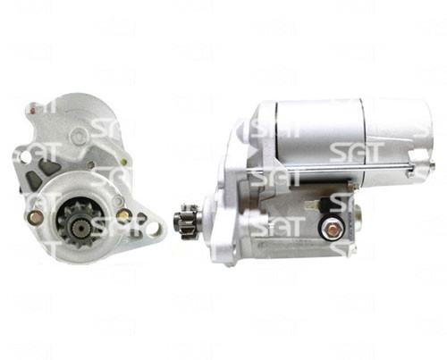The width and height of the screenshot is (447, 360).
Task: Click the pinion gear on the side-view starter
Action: pos(184,222)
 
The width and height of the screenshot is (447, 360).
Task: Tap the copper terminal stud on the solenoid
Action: pos(332,230)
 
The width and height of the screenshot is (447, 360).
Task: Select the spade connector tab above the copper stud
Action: pos(312,205)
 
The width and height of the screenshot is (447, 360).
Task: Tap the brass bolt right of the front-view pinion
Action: pos(123,213)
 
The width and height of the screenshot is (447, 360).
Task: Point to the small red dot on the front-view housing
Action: pos(33,111)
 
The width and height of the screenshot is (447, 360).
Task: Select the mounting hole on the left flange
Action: pos(25,156)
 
